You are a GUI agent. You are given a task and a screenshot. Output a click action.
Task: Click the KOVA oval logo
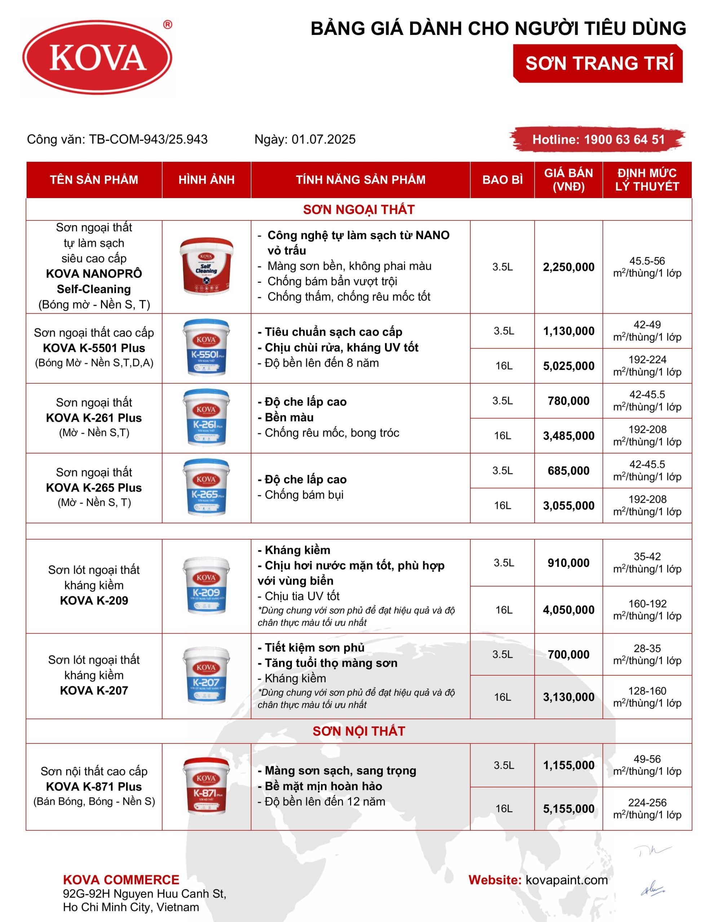coord(97,57)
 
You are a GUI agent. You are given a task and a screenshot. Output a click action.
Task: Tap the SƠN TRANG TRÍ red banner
coord(598,63)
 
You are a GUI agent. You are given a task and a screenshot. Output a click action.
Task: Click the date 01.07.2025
coord(323,139)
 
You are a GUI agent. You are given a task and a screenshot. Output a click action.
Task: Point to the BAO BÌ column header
coord(502,180)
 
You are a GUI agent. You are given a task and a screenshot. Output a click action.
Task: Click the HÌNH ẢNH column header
coord(206,180)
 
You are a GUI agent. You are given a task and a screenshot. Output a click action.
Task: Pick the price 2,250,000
coord(568,267)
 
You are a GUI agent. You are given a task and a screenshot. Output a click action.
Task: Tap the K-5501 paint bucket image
coord(206,348)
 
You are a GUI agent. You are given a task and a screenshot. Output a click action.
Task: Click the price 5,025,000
coord(568,366)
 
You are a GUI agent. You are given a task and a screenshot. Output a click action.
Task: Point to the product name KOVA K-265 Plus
coord(94,488)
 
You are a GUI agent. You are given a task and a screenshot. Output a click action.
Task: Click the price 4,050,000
coord(568,610)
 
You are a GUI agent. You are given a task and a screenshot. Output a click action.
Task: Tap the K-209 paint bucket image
coord(206,586)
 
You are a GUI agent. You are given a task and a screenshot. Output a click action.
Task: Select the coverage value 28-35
coord(647,648)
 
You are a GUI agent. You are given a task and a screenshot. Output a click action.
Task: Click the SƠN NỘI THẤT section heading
coord(358,731)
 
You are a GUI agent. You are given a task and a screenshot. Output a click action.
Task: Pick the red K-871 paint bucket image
coord(206,786)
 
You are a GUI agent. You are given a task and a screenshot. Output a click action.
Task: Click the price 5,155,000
coord(568,809)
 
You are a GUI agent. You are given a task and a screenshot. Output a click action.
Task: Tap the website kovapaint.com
coord(566,880)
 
